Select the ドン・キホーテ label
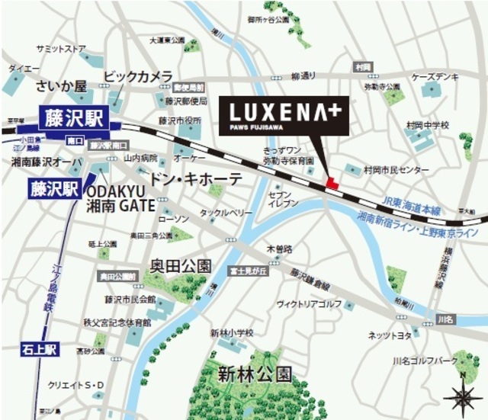point(194,178)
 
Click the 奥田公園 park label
point(180,266)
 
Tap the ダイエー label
point(19,68)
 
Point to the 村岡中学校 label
point(428,124)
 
